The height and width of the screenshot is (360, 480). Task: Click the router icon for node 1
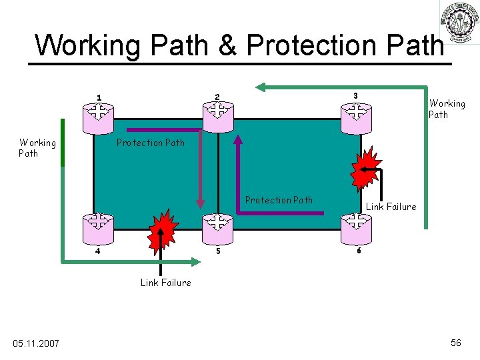[98, 117]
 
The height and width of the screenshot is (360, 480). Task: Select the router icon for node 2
[217, 117]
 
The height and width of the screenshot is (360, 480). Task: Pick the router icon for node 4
[98, 229]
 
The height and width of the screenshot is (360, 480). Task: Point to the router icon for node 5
[217, 229]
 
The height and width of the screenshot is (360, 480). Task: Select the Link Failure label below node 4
[165, 283]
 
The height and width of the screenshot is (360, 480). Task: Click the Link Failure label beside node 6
[391, 207]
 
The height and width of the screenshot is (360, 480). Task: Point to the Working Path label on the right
[447, 109]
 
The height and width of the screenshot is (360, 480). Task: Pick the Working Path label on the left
[37, 147]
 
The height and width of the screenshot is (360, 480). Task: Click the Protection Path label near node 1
[150, 142]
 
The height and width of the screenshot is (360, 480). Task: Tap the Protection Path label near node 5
[279, 200]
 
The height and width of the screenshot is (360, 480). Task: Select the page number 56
[456, 343]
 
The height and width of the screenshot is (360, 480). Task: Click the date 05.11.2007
[36, 343]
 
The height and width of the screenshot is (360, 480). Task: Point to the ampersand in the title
[227, 45]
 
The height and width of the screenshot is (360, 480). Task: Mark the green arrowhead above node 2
[262, 87]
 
